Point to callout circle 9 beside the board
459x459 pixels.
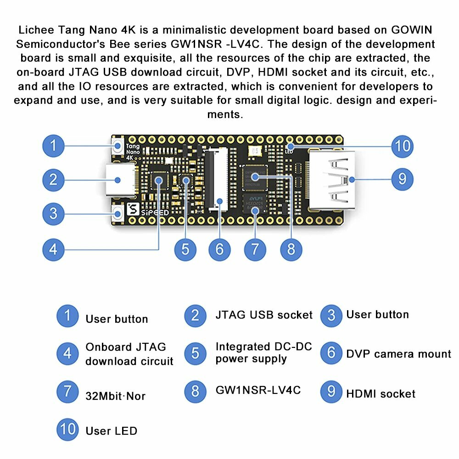tap(402, 179)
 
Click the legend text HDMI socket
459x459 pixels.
tap(381, 394)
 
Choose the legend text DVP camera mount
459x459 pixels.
tap(398, 354)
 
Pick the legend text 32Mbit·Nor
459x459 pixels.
tap(116, 396)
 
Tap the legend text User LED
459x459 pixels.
tap(111, 431)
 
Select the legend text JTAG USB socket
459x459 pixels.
tap(264, 315)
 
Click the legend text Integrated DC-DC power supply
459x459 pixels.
tap(263, 353)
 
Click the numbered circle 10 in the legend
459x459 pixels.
tap(67, 430)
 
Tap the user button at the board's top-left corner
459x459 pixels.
tap(118, 147)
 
